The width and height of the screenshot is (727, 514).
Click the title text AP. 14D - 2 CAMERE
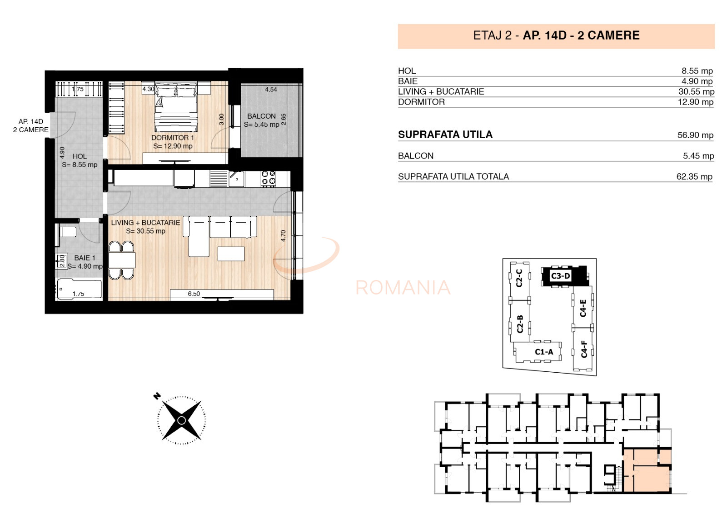point(581,35)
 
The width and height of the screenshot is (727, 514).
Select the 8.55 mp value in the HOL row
point(697,71)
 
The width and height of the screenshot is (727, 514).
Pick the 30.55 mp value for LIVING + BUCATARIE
point(696,92)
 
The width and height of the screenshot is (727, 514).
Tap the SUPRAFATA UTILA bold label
point(445,135)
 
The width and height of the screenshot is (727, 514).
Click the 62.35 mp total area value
point(694,177)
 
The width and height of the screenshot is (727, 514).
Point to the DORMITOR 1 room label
point(173,138)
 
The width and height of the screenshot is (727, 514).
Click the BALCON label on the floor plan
point(261,116)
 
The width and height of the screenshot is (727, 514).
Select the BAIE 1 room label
point(85,258)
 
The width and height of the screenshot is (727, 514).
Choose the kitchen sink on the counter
point(236,179)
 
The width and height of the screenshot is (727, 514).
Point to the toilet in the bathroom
point(68,232)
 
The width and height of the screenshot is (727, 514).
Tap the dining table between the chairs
point(122,260)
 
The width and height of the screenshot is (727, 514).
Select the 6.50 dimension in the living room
point(194,294)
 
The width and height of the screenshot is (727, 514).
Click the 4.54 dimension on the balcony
point(271,90)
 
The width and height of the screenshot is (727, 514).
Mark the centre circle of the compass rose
point(181,420)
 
